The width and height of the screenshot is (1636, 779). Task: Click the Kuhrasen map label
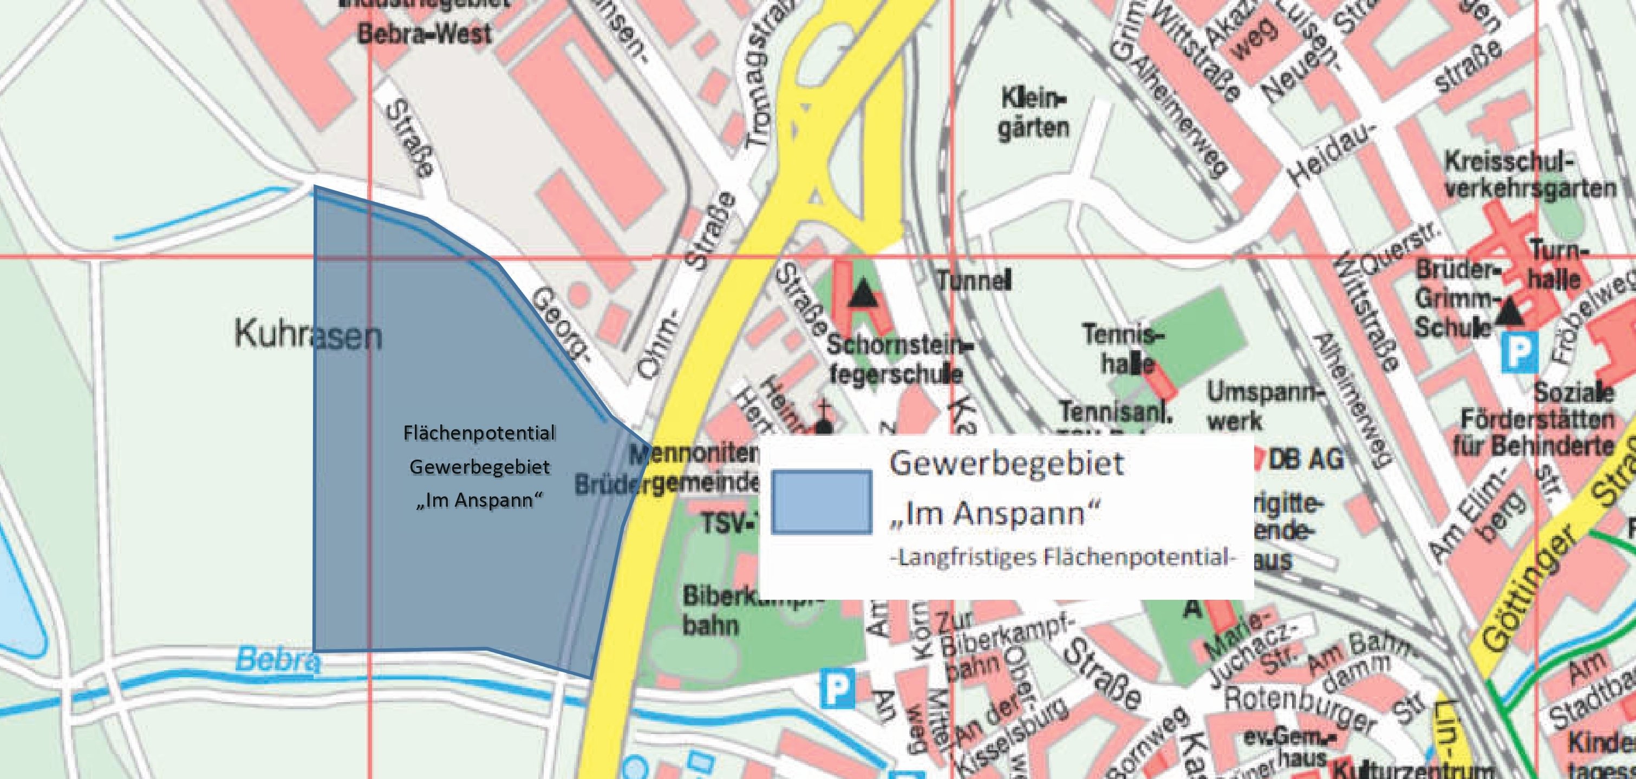click(309, 334)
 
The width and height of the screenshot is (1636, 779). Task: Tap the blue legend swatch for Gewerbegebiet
click(822, 501)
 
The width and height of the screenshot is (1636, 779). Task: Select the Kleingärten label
click(1033, 115)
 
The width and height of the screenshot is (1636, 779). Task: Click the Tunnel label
click(974, 280)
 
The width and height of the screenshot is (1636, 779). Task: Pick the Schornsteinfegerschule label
click(896, 359)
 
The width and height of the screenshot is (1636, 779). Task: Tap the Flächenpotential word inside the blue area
click(479, 434)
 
